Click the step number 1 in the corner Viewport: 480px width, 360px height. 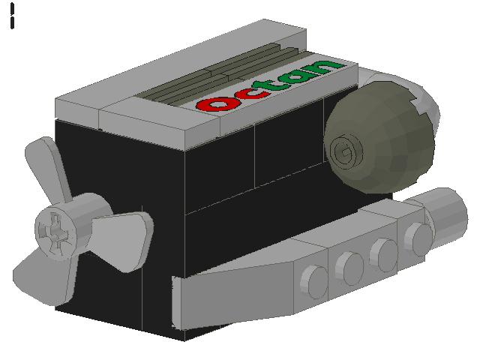tap(13, 16)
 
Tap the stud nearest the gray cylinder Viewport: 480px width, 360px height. tap(418, 238)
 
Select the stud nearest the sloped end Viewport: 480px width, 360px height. tap(313, 281)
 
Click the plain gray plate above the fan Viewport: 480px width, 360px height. tap(79, 105)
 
